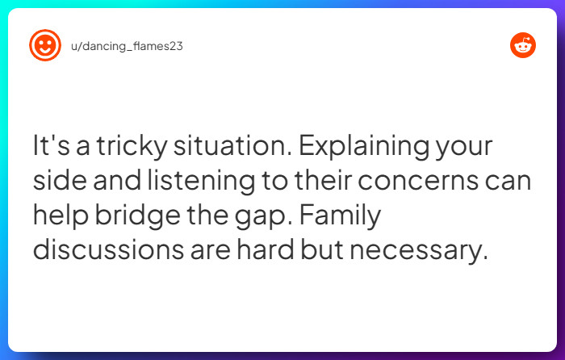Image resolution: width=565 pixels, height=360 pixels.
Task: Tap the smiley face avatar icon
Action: point(44,46)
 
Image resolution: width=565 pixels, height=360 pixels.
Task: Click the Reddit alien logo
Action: point(523,46)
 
